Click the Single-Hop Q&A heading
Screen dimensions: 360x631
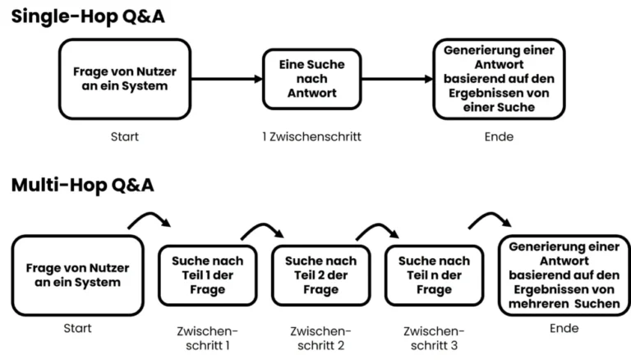pos(88,16)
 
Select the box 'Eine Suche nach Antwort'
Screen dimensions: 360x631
pos(311,79)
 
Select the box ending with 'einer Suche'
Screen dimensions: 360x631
pos(499,79)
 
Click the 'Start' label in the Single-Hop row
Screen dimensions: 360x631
pos(124,136)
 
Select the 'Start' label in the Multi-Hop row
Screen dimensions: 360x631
pos(77,328)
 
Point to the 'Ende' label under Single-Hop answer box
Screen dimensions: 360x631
pos(499,136)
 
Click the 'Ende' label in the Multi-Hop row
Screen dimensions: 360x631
pos(559,328)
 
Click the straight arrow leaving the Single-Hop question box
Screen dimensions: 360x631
pos(225,80)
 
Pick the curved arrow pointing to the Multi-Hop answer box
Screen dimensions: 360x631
pos(490,217)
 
